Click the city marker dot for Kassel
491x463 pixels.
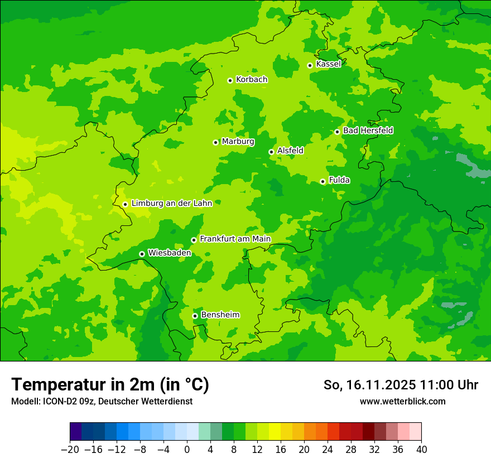click(x=310, y=65)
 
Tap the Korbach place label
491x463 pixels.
click(x=251, y=80)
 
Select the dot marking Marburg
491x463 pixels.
click(x=215, y=142)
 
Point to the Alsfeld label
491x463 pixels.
click(x=290, y=151)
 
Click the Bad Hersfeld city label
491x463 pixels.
click(x=368, y=131)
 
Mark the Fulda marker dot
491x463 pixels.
click(x=322, y=181)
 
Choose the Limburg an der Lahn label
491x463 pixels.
click(x=171, y=204)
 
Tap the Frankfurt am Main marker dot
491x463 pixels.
click(x=194, y=240)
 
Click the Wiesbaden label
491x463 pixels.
click(x=169, y=253)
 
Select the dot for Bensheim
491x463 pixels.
click(x=195, y=316)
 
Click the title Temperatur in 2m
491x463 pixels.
click(x=110, y=385)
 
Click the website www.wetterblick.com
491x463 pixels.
click(x=402, y=401)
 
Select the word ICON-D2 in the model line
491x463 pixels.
click(x=59, y=401)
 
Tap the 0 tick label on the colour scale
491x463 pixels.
click(x=187, y=450)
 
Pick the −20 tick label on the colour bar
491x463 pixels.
click(x=70, y=450)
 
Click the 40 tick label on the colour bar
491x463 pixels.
click(x=421, y=450)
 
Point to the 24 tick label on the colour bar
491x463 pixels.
click(x=328, y=450)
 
